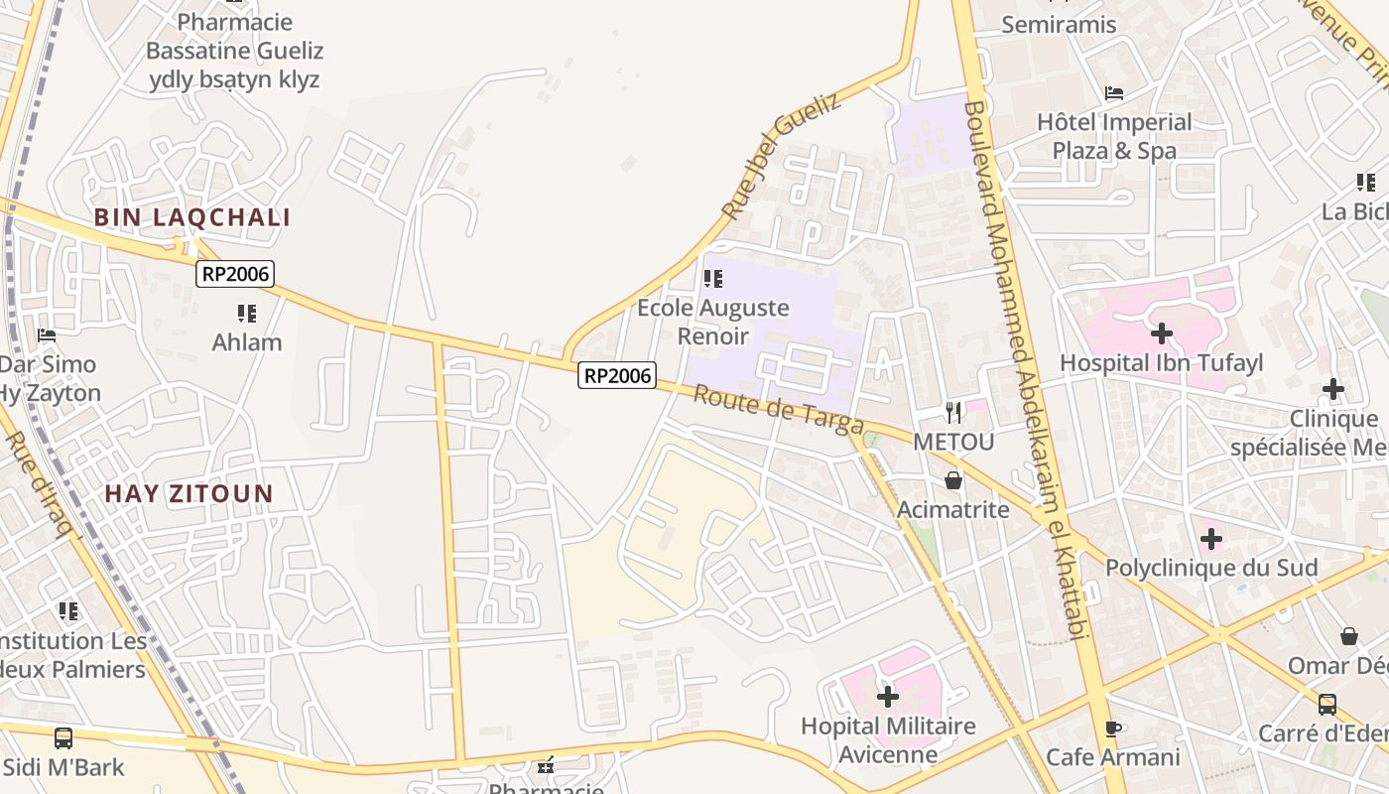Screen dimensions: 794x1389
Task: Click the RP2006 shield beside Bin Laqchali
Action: click(x=234, y=274)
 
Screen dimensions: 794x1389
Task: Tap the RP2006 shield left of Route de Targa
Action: click(x=617, y=375)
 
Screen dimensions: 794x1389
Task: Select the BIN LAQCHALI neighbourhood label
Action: click(x=192, y=218)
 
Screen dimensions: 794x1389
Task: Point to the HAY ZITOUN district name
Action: click(x=189, y=493)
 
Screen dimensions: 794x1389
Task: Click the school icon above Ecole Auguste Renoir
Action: click(x=712, y=279)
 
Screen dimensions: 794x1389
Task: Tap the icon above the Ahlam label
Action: click(x=247, y=314)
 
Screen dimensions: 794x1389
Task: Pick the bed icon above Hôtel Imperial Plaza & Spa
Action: click(x=1114, y=93)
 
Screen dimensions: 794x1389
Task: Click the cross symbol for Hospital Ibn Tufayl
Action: click(x=1161, y=333)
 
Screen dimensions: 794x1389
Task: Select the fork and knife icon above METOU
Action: click(x=953, y=412)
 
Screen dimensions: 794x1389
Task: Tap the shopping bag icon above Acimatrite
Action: click(x=953, y=480)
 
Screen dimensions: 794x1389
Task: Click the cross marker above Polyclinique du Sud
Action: click(x=1210, y=539)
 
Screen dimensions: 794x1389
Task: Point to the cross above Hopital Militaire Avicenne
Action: click(x=888, y=696)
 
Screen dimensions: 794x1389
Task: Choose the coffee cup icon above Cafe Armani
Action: click(x=1113, y=728)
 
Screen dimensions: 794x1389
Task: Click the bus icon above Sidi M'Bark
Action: click(x=63, y=737)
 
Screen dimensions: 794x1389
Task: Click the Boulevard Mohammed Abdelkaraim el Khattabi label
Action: click(x=1032, y=367)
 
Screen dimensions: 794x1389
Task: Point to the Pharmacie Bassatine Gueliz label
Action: click(x=234, y=50)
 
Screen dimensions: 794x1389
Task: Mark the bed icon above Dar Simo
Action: click(x=46, y=335)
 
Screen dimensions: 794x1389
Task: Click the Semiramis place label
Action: click(x=1059, y=24)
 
